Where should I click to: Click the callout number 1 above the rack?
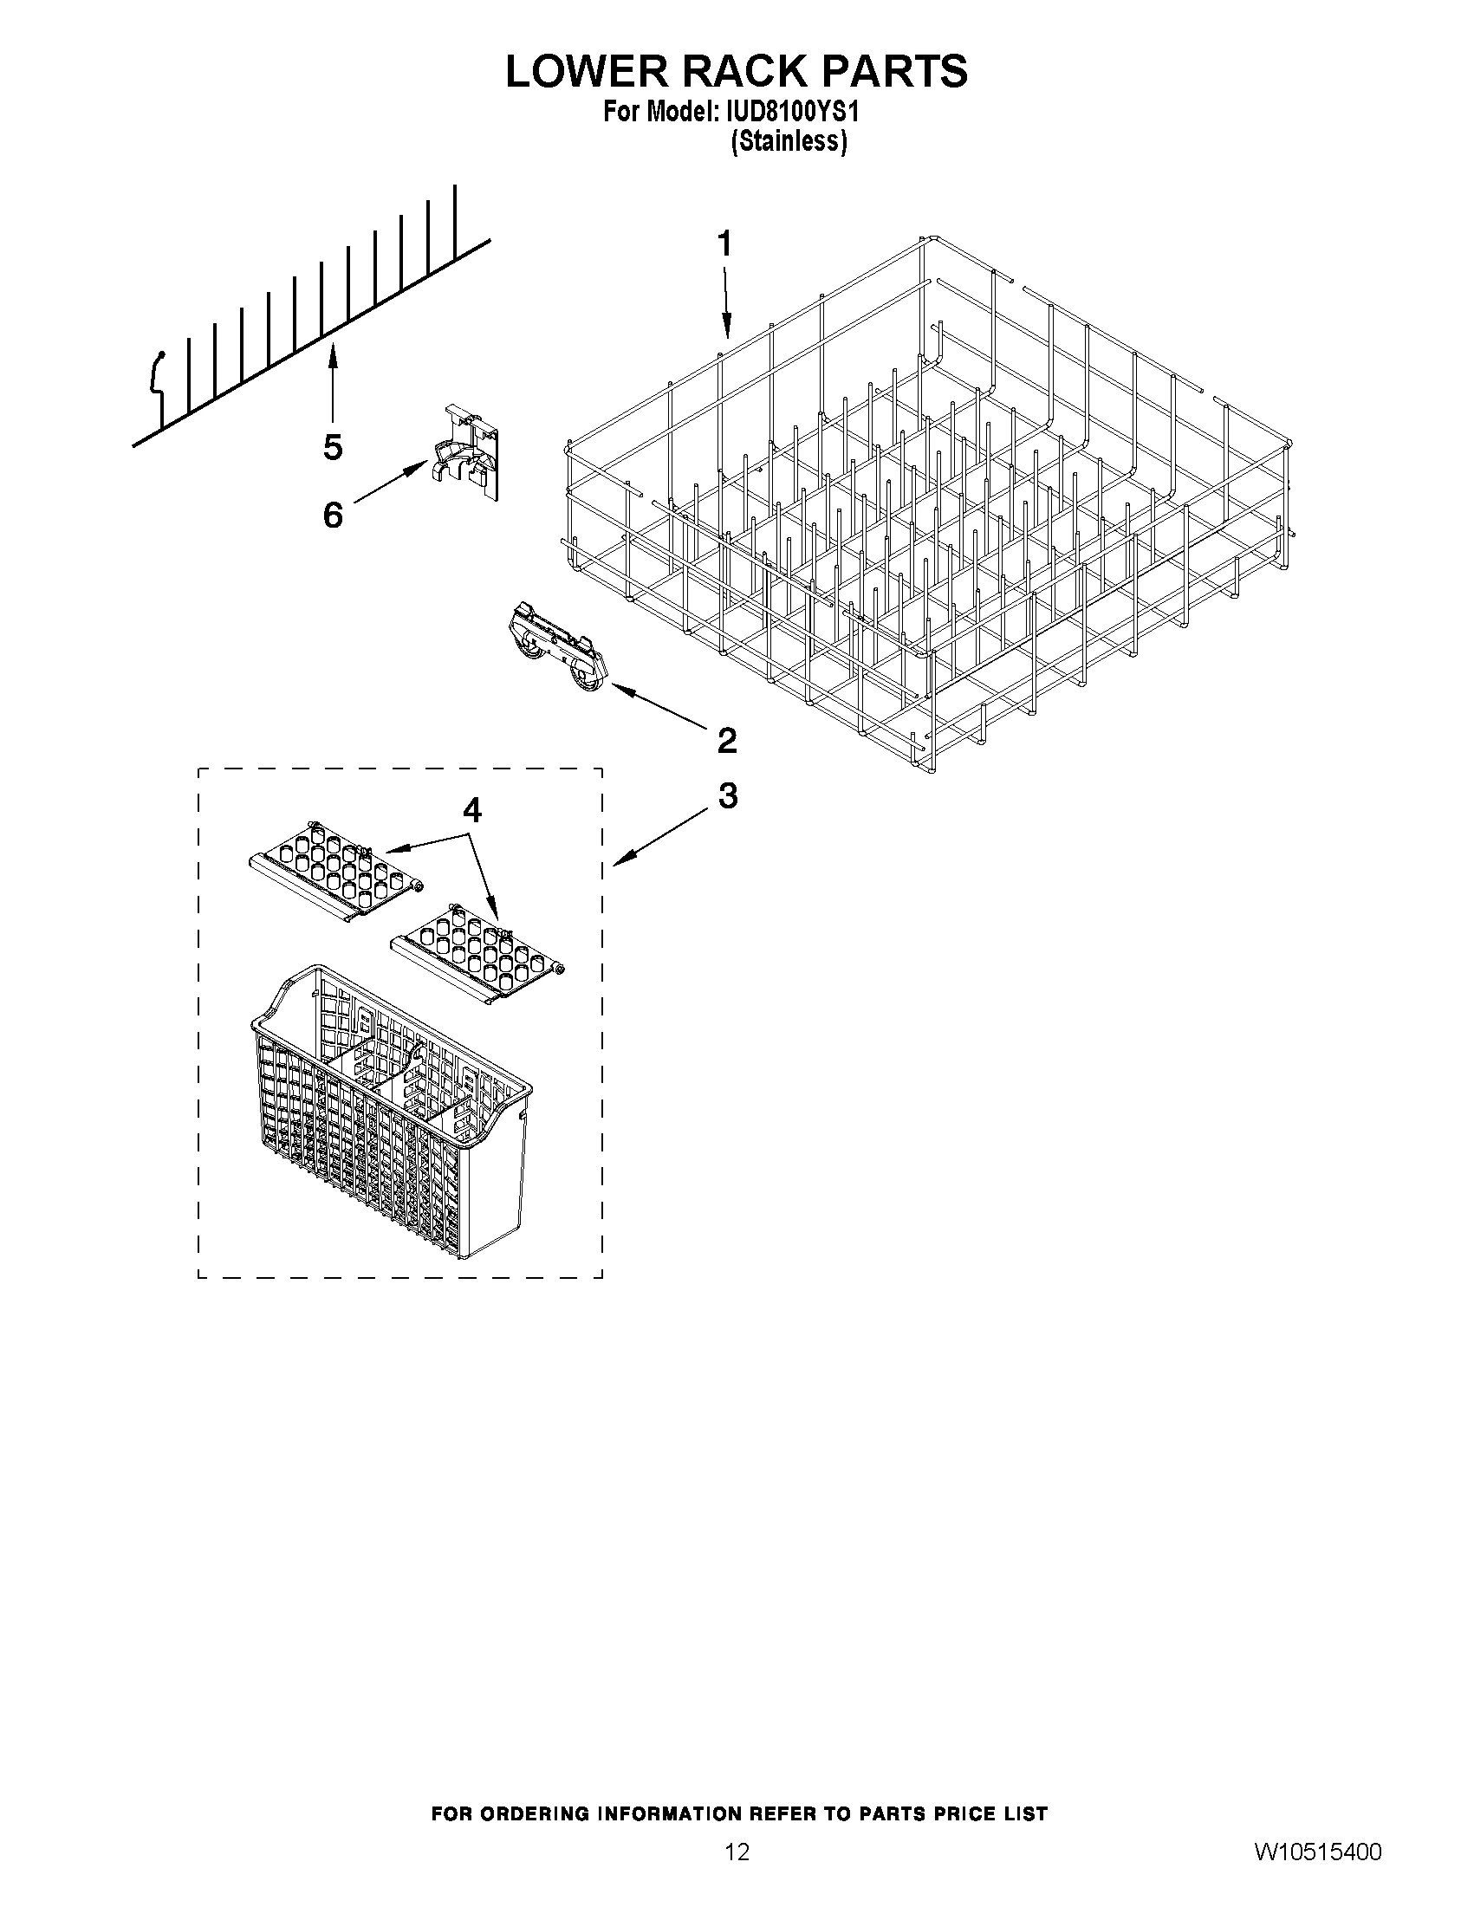(724, 244)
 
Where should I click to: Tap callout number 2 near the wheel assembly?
(726, 741)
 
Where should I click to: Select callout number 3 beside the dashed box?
(727, 795)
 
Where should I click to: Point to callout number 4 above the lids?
(471, 811)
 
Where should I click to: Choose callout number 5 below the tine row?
(333, 447)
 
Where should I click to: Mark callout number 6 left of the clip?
(333, 516)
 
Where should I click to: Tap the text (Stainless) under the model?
(789, 140)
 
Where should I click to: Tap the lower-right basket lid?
(478, 951)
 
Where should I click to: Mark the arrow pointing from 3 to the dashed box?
(662, 836)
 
